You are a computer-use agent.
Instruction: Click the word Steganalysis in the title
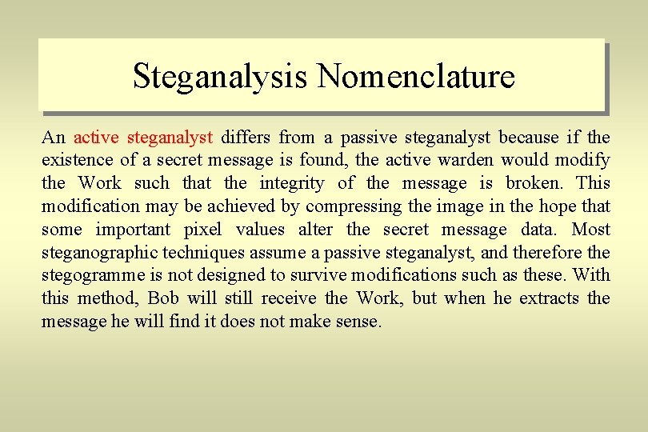220,77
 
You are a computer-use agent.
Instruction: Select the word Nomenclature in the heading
415,77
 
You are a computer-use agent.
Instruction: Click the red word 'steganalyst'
170,138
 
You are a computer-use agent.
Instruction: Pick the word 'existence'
74,161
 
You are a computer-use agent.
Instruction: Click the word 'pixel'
202,230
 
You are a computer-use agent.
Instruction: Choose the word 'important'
133,230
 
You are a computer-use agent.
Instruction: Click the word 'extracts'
550,298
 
